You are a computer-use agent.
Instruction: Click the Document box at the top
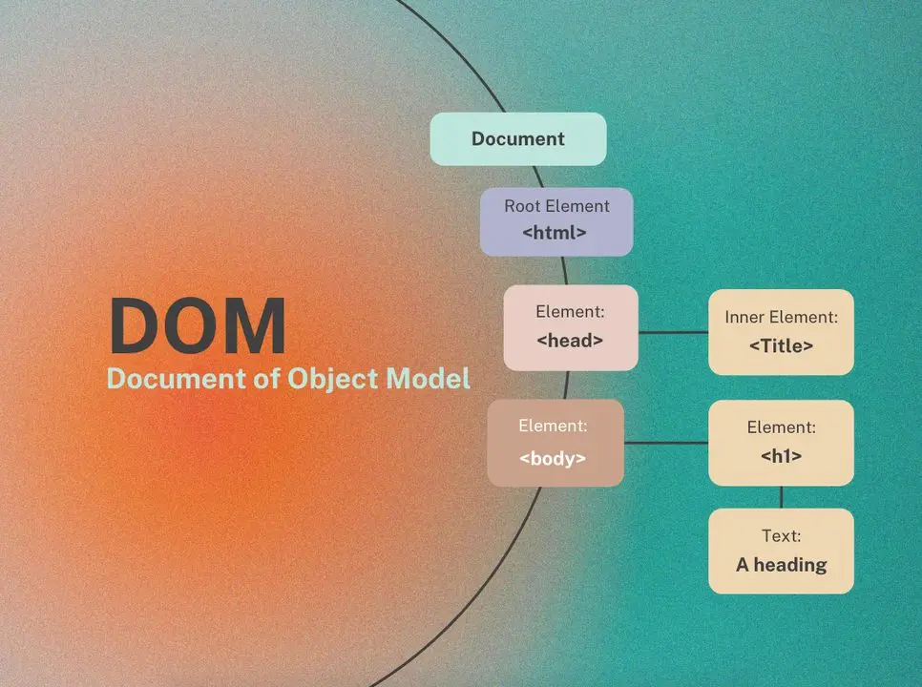click(518, 138)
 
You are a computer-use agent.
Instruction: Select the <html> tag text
click(555, 232)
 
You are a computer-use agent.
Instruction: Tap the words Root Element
click(556, 206)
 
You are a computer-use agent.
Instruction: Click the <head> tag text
click(570, 341)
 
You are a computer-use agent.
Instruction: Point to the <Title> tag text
click(781, 345)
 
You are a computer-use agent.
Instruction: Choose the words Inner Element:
click(781, 318)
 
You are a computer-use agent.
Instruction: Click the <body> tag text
click(552, 458)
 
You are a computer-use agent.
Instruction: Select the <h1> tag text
click(781, 456)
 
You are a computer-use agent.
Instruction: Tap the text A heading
click(781, 565)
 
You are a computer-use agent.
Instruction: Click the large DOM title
click(198, 325)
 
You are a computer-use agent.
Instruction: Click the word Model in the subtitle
click(428, 378)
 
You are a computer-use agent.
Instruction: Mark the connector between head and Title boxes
click(673, 333)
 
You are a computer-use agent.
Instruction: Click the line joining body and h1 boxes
click(666, 443)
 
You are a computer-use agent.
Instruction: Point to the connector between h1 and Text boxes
click(781, 497)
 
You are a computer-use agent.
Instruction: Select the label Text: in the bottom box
click(781, 536)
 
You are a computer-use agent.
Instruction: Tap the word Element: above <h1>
click(781, 427)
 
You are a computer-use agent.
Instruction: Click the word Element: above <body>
click(553, 426)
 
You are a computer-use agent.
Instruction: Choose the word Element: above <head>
click(570, 311)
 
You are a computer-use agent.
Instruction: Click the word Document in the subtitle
click(177, 378)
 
